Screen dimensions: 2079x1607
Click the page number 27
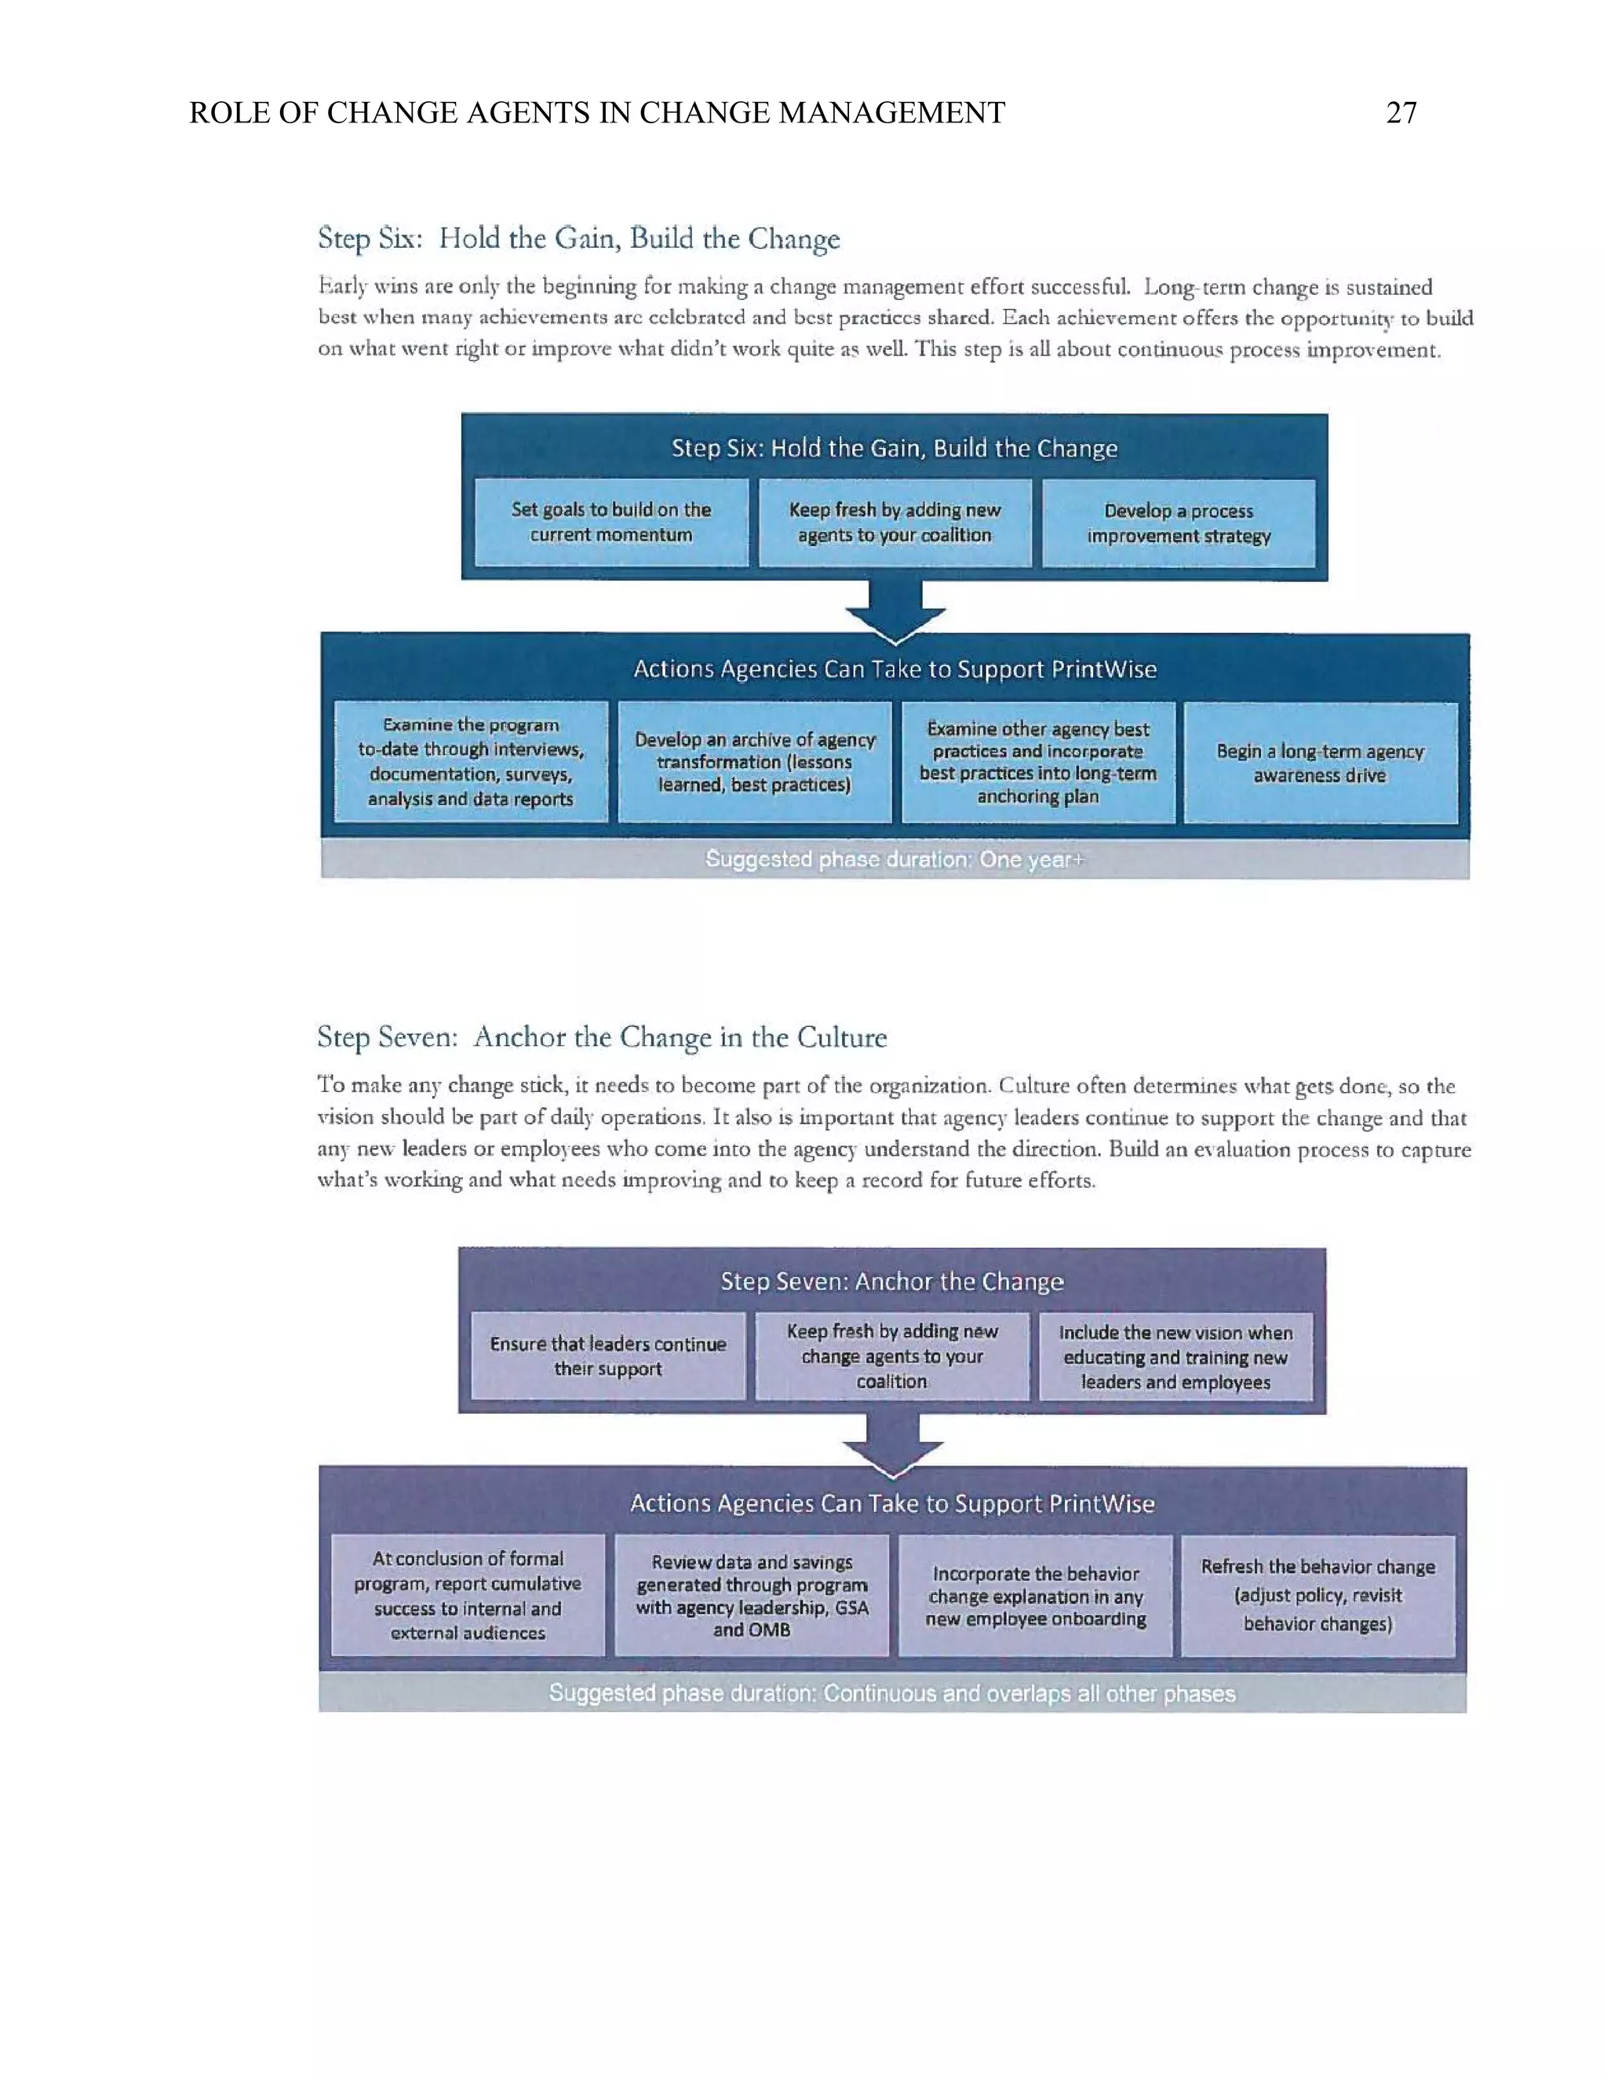point(1401,113)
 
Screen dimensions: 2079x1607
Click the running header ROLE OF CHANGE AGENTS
point(596,113)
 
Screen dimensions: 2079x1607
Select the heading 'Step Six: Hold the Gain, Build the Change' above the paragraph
point(579,238)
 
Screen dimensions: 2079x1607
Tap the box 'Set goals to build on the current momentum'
point(611,522)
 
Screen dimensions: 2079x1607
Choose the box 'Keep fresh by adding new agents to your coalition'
point(895,522)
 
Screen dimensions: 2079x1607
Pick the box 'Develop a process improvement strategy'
point(1179,523)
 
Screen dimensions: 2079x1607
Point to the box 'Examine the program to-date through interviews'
point(470,762)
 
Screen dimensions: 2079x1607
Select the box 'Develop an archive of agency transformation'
point(754,762)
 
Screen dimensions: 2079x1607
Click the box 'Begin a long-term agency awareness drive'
point(1321,763)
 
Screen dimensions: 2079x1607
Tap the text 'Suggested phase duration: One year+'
point(895,860)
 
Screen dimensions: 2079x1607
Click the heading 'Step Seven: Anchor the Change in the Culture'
point(602,1036)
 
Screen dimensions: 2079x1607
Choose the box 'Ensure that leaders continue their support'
point(607,1356)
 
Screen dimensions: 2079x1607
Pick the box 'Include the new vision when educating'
point(1175,1356)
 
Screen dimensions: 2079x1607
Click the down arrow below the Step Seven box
point(893,1445)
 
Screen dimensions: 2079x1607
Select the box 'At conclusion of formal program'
point(468,1596)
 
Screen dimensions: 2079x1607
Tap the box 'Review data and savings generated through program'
point(751,1596)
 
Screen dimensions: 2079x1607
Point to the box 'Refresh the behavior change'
point(1317,1596)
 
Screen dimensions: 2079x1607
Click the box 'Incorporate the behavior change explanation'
point(1035,1596)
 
